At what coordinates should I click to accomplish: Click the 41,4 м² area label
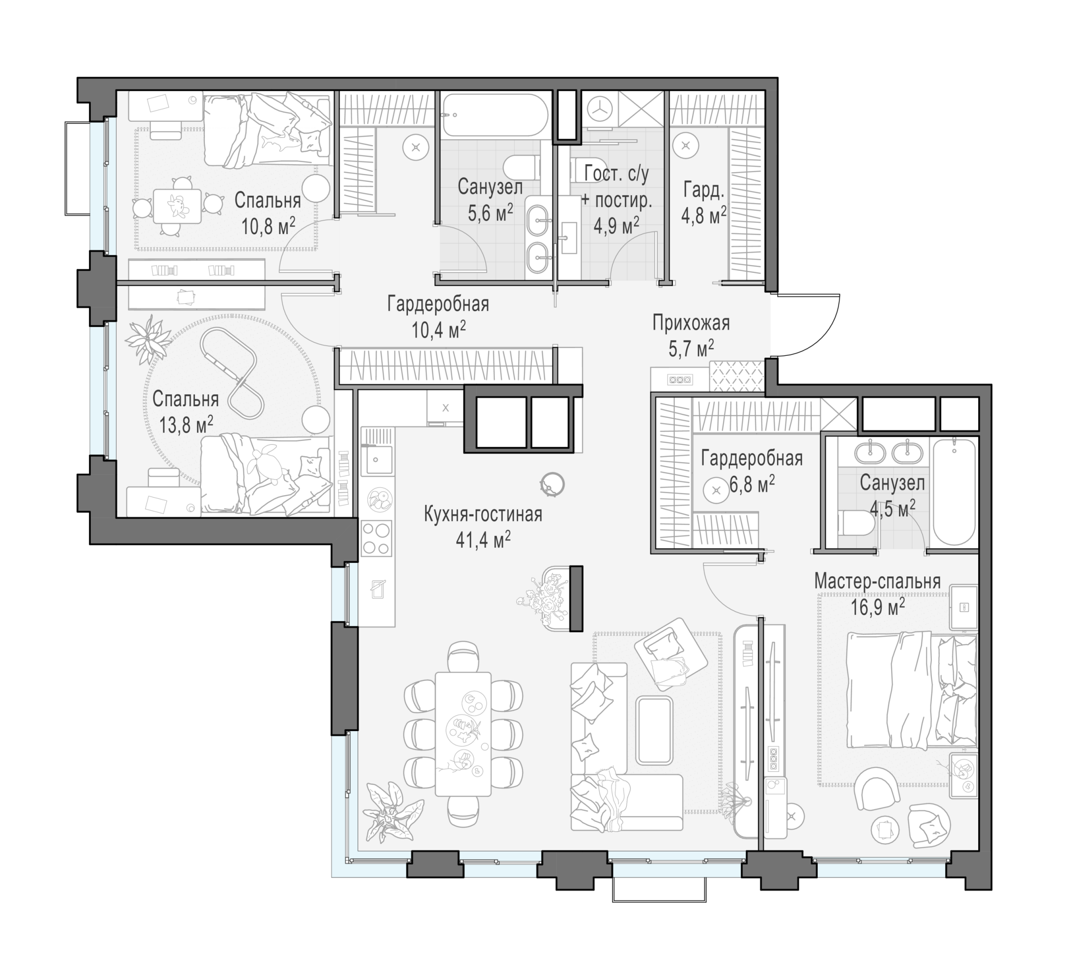483,540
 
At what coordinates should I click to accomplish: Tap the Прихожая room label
691,323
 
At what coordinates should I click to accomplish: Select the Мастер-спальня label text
877,581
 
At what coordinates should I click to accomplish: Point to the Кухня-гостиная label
483,514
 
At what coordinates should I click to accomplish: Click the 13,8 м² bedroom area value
186,424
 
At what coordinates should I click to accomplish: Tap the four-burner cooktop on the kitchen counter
376,538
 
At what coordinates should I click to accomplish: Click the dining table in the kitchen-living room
463,734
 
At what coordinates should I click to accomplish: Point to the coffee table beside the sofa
654,730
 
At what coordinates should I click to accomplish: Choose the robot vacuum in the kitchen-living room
552,484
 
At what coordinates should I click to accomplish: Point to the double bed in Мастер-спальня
911,689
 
